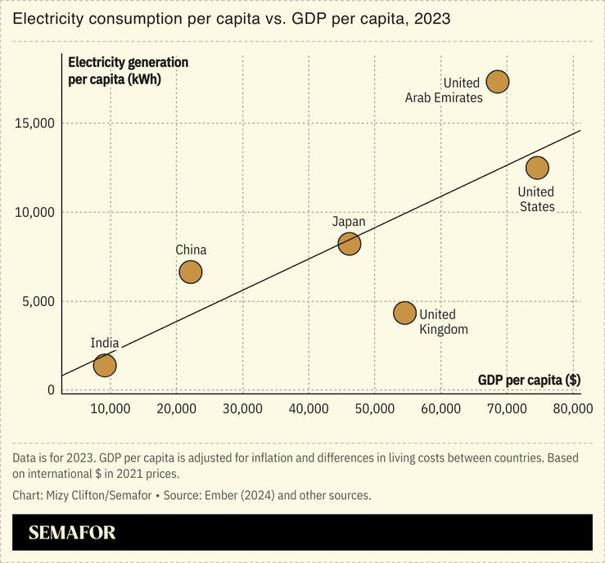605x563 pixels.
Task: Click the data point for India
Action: pos(105,365)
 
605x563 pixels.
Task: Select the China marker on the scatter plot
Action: pos(190,272)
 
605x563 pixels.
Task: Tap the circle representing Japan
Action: pos(350,243)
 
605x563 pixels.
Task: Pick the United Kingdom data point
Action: pos(404,313)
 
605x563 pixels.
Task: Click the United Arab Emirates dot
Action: pos(498,81)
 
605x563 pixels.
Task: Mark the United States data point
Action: pos(537,167)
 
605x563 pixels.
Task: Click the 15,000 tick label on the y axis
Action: pos(34,123)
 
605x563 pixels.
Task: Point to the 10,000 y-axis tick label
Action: pos(34,212)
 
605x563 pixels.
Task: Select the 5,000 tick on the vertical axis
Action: pos(38,301)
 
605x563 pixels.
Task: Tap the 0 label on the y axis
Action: pos(51,390)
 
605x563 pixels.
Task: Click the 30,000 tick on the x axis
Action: pos(242,408)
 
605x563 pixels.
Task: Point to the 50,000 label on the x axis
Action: pos(374,408)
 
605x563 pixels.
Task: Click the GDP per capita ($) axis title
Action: pos(529,380)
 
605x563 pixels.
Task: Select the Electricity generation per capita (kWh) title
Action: pos(128,70)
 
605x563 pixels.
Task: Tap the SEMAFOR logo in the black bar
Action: pos(72,533)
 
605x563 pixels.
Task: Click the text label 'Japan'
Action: pos(349,222)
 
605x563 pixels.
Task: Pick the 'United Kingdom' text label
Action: pos(443,322)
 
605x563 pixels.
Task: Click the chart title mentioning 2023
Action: pos(232,18)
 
